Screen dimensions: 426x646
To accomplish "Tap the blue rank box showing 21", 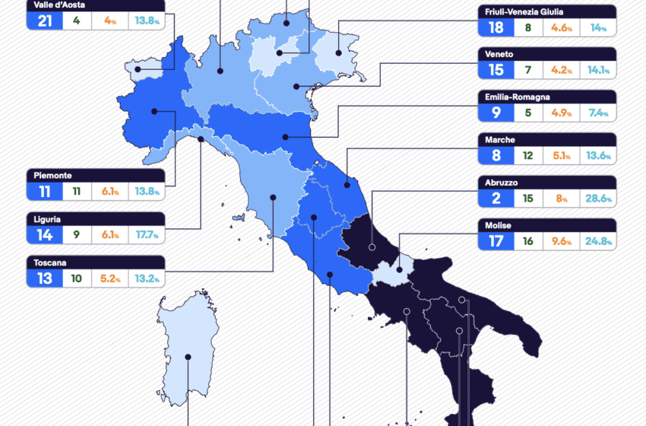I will point(45,21).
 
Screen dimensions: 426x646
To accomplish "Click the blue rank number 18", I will point(496,28).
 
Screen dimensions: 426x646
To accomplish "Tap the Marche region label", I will point(499,140).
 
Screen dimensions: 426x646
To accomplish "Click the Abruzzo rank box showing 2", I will point(496,199).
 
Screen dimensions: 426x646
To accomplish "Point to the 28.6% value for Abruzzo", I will point(597,199).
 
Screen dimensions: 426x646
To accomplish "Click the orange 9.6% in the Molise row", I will point(564,242).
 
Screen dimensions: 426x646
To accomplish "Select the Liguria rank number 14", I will point(45,235).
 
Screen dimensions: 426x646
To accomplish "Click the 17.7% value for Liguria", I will point(146,235).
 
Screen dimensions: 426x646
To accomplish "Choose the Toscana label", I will point(50,262).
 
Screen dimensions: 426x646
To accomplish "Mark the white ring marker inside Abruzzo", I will point(372,247).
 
